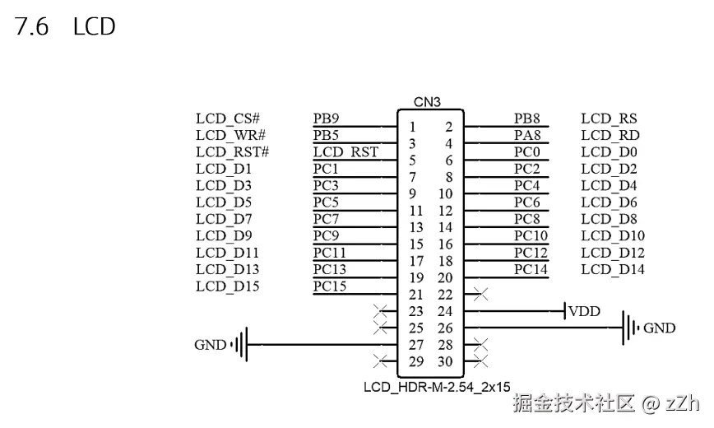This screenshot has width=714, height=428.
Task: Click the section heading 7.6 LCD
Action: pos(65,26)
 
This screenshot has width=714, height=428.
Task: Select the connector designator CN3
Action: pos(427,102)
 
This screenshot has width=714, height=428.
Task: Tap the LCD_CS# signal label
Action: pos(228,119)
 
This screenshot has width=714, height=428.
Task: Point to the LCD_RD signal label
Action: pos(610,135)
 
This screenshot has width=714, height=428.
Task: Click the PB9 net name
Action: pos(327,119)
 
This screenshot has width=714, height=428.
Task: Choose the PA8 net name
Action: pos(527,135)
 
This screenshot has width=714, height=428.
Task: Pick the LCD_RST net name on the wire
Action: pos(345,151)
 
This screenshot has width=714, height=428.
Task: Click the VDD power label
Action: pos(584,311)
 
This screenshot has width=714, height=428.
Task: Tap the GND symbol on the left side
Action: pos(240,345)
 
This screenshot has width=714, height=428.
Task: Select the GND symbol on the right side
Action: pos(630,328)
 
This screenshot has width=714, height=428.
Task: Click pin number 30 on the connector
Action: pos(445,362)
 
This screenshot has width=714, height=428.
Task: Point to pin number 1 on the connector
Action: pos(412,127)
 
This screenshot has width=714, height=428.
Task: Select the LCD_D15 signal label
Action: pos(228,286)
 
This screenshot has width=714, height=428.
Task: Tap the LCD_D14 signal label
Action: pos(613,269)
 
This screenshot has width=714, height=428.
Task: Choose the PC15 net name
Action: pos(330,286)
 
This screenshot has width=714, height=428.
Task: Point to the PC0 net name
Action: pos(527,151)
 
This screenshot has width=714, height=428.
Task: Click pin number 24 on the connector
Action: pos(445,311)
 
